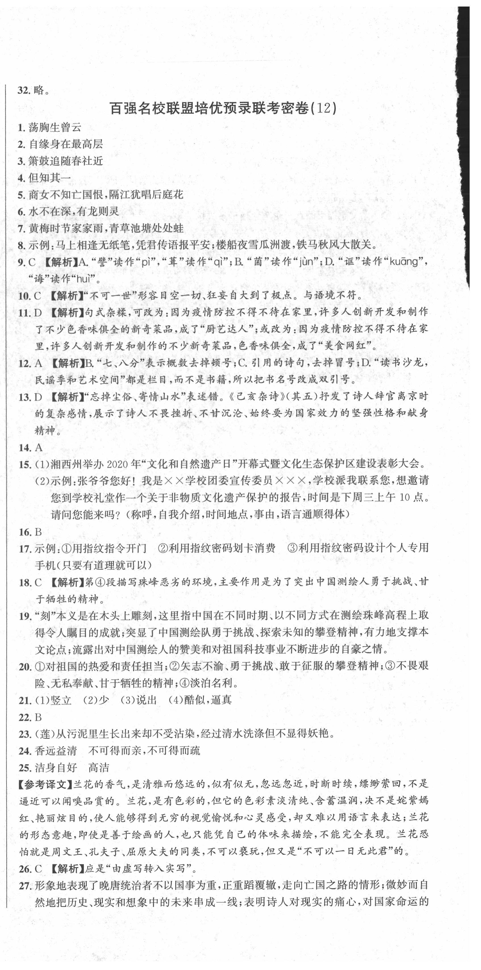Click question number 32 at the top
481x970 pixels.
(23, 90)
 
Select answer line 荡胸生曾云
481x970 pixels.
(55, 127)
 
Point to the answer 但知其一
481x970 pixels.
(50, 177)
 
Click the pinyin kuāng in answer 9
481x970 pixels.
(408, 261)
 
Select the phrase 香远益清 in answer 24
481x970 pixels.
(56, 751)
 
